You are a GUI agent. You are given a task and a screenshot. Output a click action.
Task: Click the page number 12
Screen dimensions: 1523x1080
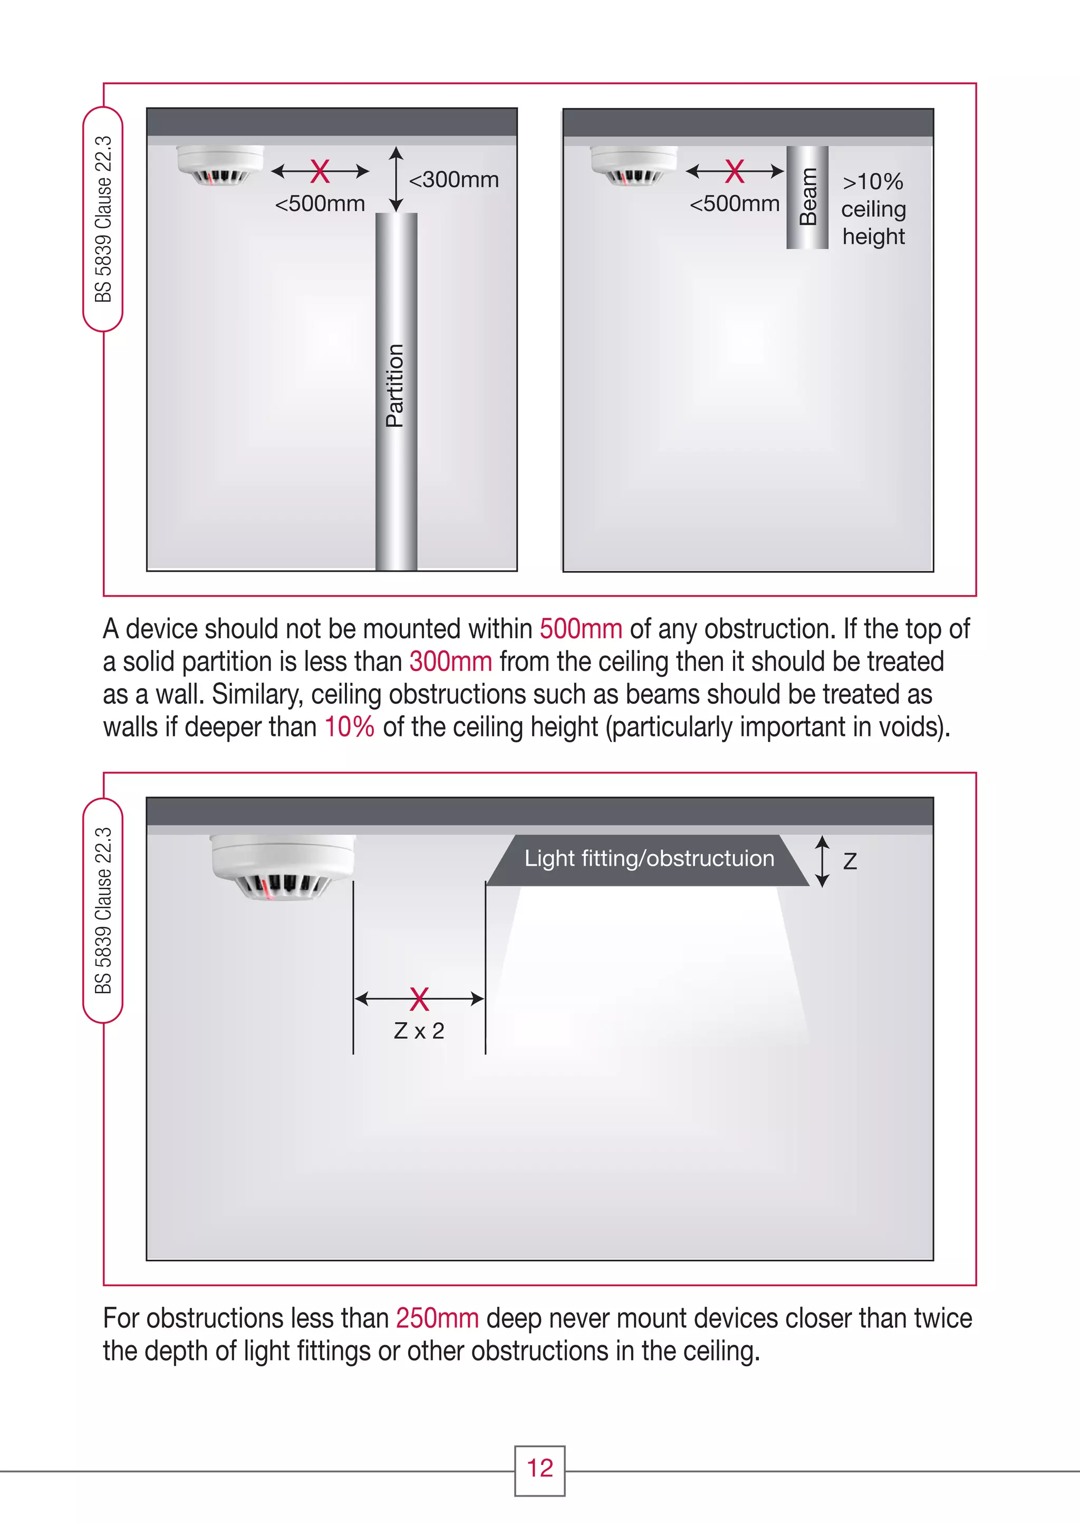(539, 1468)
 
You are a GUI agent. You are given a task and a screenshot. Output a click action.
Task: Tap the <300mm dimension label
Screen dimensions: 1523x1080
(454, 179)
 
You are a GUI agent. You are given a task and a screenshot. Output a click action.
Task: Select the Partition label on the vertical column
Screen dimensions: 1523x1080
(394, 385)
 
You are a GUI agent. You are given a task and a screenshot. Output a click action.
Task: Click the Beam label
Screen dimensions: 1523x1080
(807, 197)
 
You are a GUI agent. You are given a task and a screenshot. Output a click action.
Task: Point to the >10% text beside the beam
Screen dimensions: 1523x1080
(873, 181)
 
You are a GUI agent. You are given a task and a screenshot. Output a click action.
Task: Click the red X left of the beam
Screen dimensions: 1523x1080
(734, 171)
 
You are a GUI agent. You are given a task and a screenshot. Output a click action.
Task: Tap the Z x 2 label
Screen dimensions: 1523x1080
(419, 1031)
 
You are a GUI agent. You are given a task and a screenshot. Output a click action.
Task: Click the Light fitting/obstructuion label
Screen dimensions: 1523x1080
(649, 859)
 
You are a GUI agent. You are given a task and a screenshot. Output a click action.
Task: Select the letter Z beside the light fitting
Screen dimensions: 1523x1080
(850, 861)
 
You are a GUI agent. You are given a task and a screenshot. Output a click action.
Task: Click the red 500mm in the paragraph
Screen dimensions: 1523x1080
(581, 628)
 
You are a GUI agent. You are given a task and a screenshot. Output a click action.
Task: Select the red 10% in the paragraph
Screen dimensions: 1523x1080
(349, 726)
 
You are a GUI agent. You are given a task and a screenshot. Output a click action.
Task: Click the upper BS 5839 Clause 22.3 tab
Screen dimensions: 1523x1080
(103, 219)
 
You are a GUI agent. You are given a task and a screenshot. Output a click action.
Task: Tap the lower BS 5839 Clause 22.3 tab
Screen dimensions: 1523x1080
(103, 910)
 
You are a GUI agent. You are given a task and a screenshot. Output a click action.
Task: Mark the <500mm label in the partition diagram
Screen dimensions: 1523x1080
(320, 204)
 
